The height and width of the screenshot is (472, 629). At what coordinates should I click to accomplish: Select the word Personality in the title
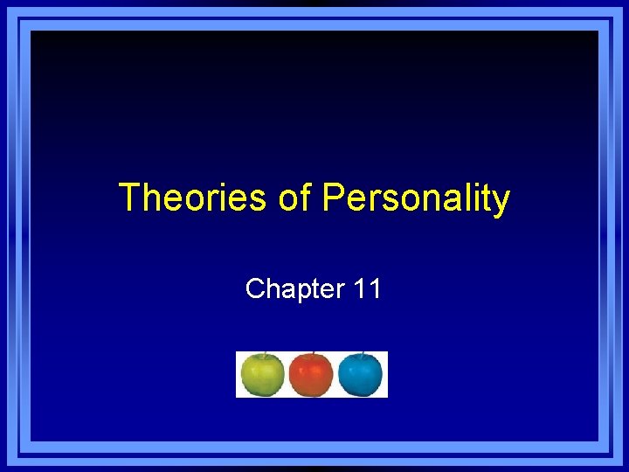(x=416, y=199)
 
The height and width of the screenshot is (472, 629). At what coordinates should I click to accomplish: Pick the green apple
(x=262, y=376)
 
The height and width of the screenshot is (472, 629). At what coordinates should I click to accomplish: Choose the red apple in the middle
(x=310, y=376)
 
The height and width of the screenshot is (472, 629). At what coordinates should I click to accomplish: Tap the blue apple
(x=360, y=376)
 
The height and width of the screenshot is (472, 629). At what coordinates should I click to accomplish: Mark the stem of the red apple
(x=311, y=355)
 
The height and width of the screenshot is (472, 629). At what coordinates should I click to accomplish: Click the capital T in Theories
(x=128, y=198)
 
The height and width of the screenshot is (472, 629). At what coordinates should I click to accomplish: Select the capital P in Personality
(x=333, y=198)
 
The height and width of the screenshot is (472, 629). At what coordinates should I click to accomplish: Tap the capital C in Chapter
(x=255, y=288)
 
